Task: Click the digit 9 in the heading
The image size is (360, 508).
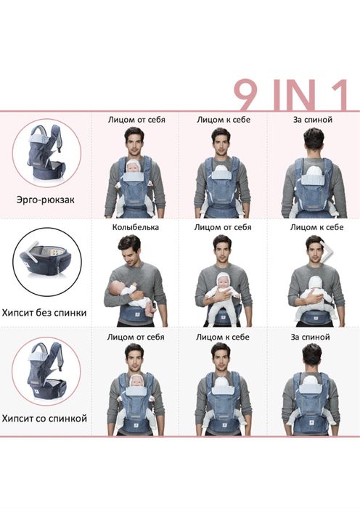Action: point(246,94)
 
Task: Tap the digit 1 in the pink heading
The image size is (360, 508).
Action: point(338,94)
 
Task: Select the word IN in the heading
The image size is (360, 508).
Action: point(294,95)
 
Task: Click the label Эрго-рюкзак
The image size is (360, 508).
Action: point(46,200)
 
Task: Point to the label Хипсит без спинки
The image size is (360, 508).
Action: point(44,313)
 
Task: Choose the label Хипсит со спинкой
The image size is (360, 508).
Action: point(44,418)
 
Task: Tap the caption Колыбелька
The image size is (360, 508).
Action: point(136,227)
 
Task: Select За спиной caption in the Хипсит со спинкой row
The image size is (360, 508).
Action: point(310,337)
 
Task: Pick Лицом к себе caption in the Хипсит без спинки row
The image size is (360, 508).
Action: point(316,227)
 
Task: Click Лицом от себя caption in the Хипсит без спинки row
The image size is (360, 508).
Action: point(223,227)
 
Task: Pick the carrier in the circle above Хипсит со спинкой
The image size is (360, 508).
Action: point(46,369)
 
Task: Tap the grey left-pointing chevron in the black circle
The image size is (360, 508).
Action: point(33,250)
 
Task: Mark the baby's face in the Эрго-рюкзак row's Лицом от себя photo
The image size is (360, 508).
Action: point(133,167)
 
